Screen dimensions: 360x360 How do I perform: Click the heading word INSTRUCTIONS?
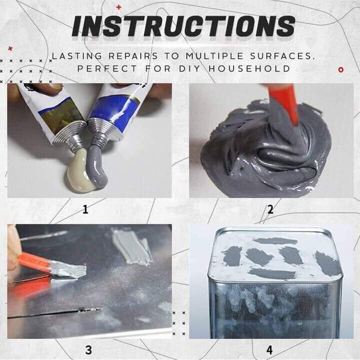[184, 26]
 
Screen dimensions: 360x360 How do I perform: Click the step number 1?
[86, 209]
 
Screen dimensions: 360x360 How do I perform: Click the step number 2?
[271, 209]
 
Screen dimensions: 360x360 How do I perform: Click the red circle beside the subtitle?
[341, 70]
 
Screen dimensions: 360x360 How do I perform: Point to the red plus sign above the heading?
[119, 7]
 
